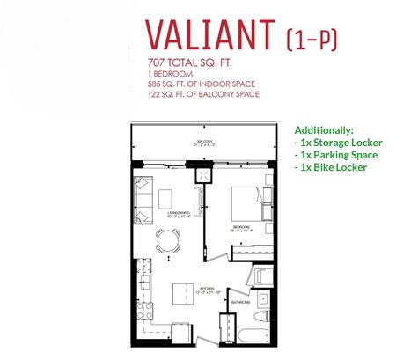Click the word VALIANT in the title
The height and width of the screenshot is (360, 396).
pyautogui.click(x=208, y=34)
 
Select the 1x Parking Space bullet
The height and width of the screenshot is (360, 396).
pyautogui.click(x=335, y=153)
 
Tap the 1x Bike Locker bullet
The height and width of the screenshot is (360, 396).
pyautogui.click(x=330, y=165)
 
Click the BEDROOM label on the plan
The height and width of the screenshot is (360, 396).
pyautogui.click(x=244, y=226)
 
